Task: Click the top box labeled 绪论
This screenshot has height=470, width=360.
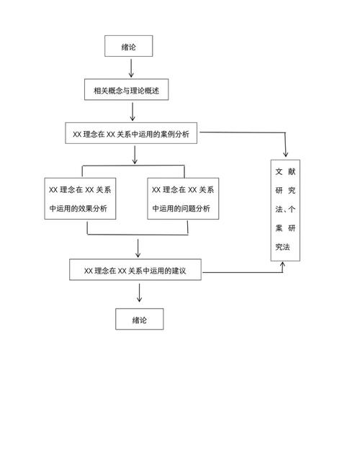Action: tap(129, 48)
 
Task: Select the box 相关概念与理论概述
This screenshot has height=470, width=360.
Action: tap(131, 91)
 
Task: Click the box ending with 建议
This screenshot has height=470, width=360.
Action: tap(135, 271)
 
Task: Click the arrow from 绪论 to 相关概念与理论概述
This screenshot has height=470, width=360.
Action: tap(131, 69)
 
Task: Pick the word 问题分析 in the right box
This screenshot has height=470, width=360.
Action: tap(195, 209)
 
